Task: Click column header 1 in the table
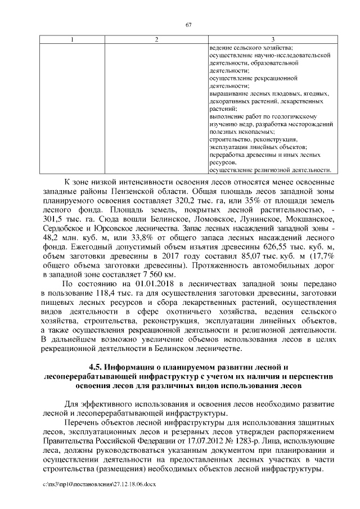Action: pyautogui.click(x=71, y=39)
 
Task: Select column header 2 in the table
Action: pyautogui.click(x=156, y=39)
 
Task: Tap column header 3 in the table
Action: pyautogui.click(x=272, y=39)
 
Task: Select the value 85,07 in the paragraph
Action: pyautogui.click(x=255, y=266)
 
